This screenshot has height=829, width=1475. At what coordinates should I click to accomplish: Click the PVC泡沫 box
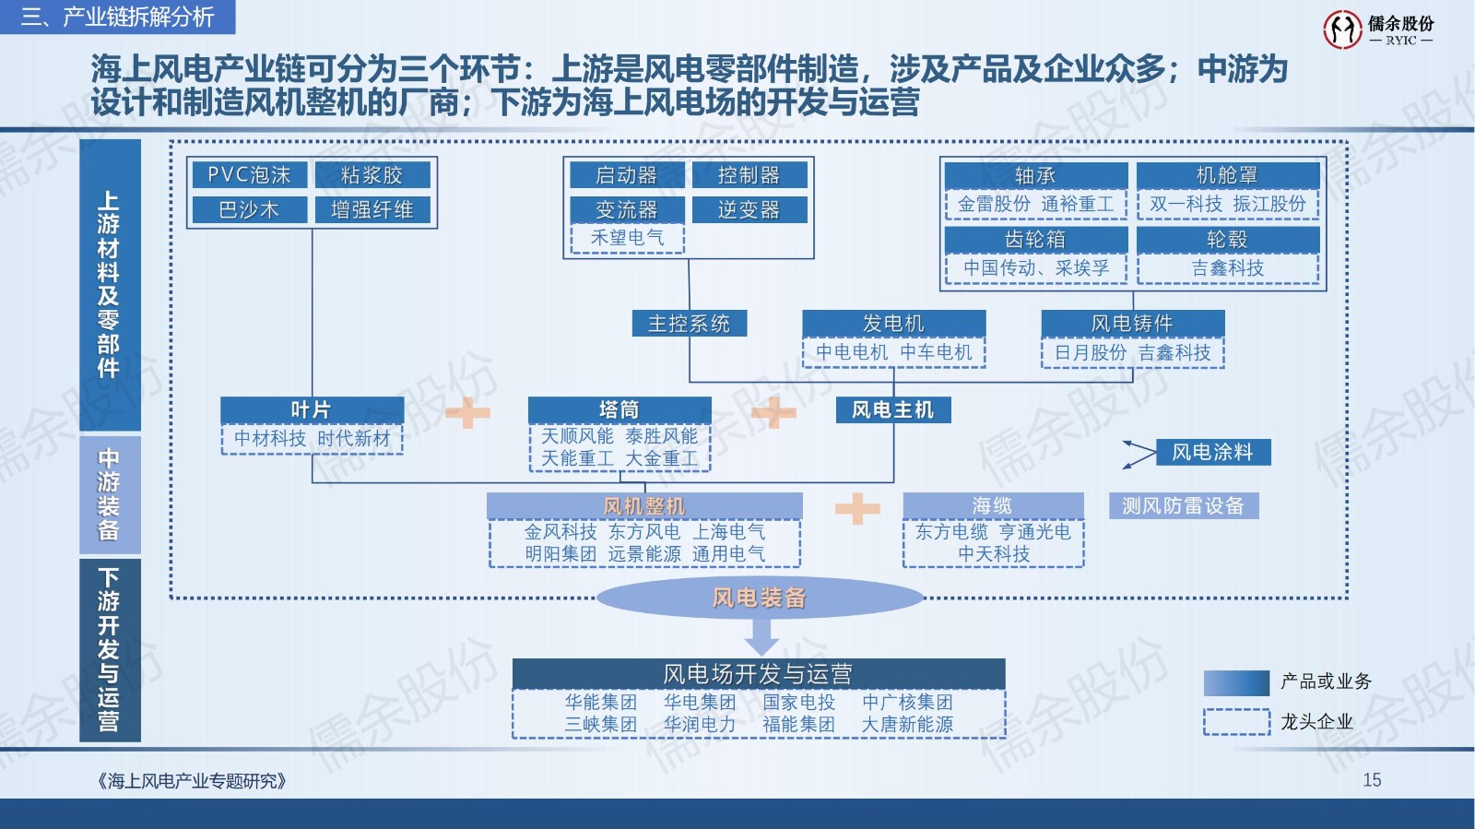249,175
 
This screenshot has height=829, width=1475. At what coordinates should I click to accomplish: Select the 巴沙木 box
249,210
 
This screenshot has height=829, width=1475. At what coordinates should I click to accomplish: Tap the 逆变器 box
749,210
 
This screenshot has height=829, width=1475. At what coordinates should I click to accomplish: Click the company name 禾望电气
627,238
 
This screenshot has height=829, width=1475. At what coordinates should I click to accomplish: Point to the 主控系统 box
689,324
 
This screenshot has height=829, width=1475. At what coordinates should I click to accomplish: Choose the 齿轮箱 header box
1035,240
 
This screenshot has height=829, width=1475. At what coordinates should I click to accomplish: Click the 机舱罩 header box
1227,175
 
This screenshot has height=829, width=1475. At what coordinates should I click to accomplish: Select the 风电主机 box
892,410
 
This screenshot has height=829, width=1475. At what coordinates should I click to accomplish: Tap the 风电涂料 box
1212,453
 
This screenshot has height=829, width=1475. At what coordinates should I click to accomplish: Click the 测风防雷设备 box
1183,506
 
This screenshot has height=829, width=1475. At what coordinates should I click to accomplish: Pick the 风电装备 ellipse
760,598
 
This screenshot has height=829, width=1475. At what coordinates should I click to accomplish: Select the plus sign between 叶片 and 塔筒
467,412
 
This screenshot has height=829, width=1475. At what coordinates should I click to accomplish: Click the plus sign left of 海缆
856,508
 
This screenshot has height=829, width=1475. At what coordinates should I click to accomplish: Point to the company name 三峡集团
601,725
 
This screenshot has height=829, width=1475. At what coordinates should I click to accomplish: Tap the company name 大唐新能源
907,725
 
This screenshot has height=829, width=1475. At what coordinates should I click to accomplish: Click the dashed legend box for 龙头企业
1236,722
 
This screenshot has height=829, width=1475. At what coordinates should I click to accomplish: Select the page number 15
1372,780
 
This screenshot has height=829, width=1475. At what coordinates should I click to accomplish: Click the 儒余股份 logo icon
1341,30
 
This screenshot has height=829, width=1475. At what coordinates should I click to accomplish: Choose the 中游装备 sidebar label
110,494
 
